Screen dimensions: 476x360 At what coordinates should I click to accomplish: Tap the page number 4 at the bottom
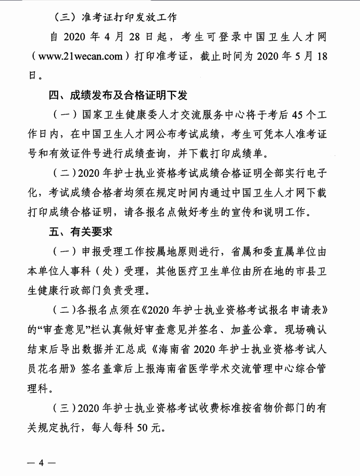(x=42, y=463)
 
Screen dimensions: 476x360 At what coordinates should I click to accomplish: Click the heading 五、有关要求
(x=77, y=233)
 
